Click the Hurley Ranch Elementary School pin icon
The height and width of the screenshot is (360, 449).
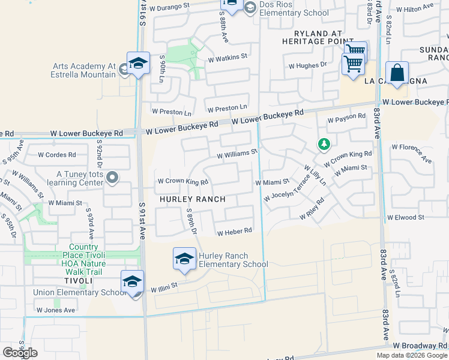[x=184, y=259]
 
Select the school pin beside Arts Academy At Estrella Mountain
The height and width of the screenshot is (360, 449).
[x=137, y=63]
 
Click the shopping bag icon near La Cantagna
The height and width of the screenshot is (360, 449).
[x=397, y=73]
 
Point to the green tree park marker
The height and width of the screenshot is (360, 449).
[x=324, y=144]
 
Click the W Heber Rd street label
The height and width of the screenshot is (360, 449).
[x=234, y=232]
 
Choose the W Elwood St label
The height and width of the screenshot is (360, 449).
[x=406, y=217]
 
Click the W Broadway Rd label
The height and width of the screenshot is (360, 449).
[x=420, y=346]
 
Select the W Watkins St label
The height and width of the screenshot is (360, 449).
[x=228, y=58]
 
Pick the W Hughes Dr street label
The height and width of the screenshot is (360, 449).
[x=307, y=64]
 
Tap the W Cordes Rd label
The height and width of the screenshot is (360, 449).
[x=56, y=154]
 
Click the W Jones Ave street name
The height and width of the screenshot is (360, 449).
[x=55, y=310]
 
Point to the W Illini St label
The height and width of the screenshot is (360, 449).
[x=164, y=287]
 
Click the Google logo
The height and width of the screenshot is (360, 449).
[x=20, y=352]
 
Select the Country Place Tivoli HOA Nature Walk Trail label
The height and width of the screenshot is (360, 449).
[x=83, y=255]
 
